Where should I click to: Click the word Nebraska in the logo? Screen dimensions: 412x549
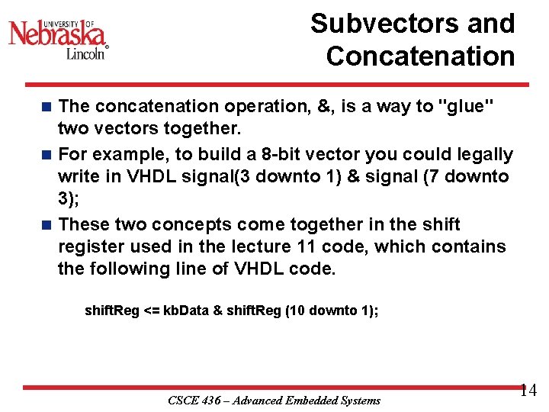pyautogui.click(x=57, y=34)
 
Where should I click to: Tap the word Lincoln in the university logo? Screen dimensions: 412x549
pyautogui.click(x=86, y=53)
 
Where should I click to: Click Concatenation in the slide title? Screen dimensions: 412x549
pyautogui.click(x=420, y=56)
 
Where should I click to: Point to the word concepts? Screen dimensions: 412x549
pyautogui.click(x=194, y=224)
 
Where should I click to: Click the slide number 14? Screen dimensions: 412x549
pyautogui.click(x=528, y=391)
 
